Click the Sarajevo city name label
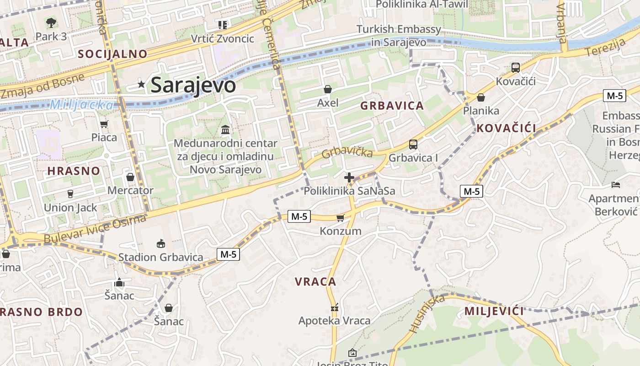193,85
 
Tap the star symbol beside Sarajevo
142,84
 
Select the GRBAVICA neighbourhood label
392,106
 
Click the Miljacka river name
81,105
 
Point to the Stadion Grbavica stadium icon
161,243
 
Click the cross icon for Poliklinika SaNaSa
349,178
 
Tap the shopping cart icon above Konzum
340,218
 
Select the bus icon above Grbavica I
413,145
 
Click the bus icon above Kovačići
516,68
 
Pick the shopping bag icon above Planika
481,97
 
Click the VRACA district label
315,282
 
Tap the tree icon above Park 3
51,22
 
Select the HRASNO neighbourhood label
74,171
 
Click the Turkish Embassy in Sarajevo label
399,36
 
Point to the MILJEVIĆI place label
494,312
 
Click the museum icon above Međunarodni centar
225,130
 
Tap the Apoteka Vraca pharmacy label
334,321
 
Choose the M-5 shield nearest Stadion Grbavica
228,254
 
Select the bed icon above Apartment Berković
616,185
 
